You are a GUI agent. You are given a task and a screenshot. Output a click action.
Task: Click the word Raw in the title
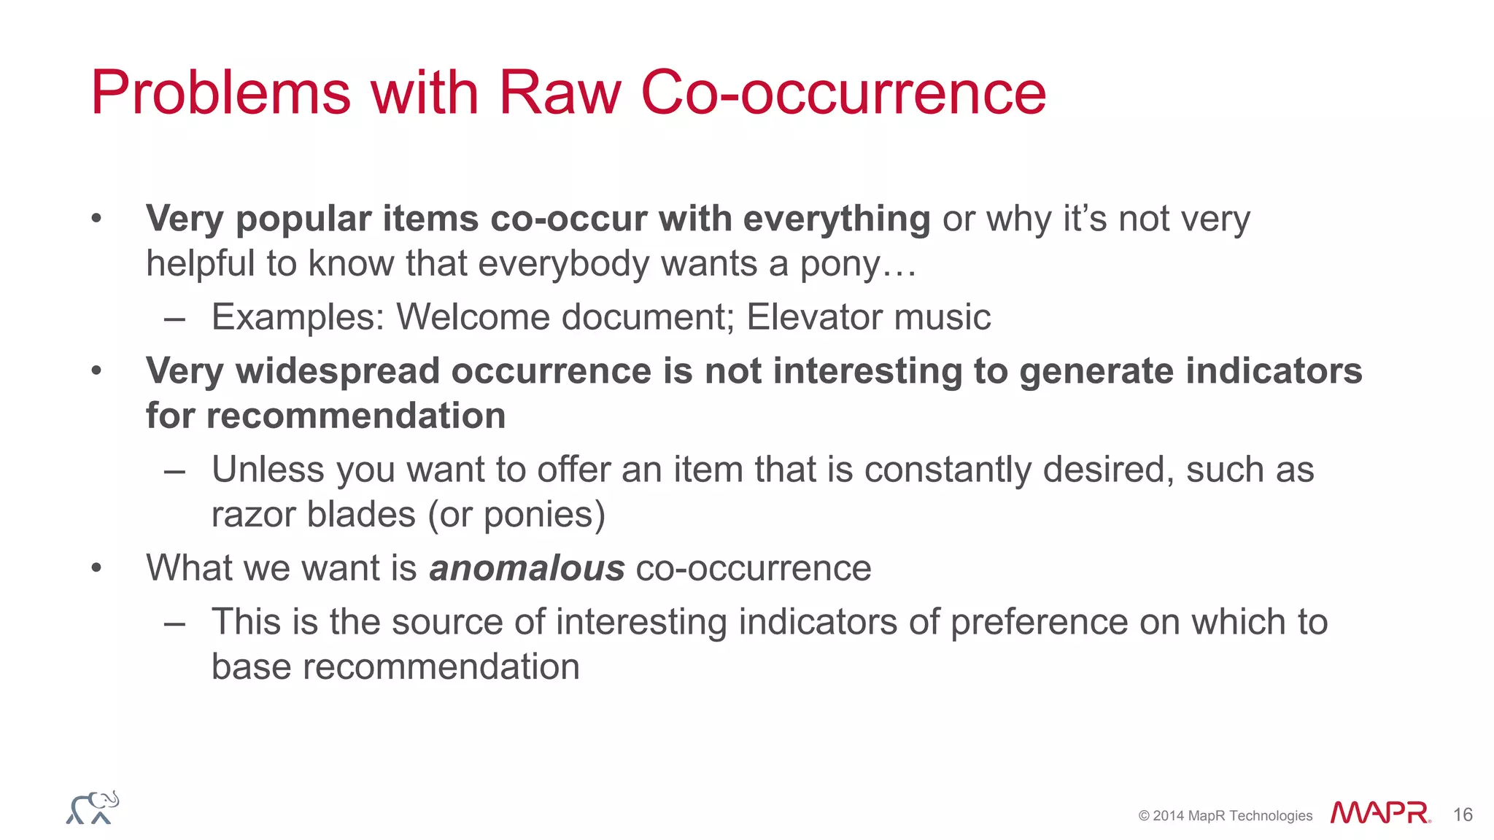coord(559,93)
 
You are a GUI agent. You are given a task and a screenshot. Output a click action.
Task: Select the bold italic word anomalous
coord(527,568)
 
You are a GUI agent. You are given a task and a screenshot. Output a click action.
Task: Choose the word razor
coord(253,514)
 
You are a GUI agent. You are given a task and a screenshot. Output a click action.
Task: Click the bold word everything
coord(837,219)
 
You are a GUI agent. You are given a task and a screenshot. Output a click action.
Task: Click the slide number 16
coord(1463,814)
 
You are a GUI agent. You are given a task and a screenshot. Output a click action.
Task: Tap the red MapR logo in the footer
coord(1379,813)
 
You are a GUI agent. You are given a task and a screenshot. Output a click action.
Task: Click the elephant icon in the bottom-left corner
coord(93,808)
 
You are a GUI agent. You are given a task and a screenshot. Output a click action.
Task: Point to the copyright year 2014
coord(1169,816)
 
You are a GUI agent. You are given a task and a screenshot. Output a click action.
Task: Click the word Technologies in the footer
coord(1271,816)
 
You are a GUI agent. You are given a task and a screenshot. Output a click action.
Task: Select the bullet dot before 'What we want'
coord(96,568)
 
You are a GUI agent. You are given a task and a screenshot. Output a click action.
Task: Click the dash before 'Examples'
coord(174,318)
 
